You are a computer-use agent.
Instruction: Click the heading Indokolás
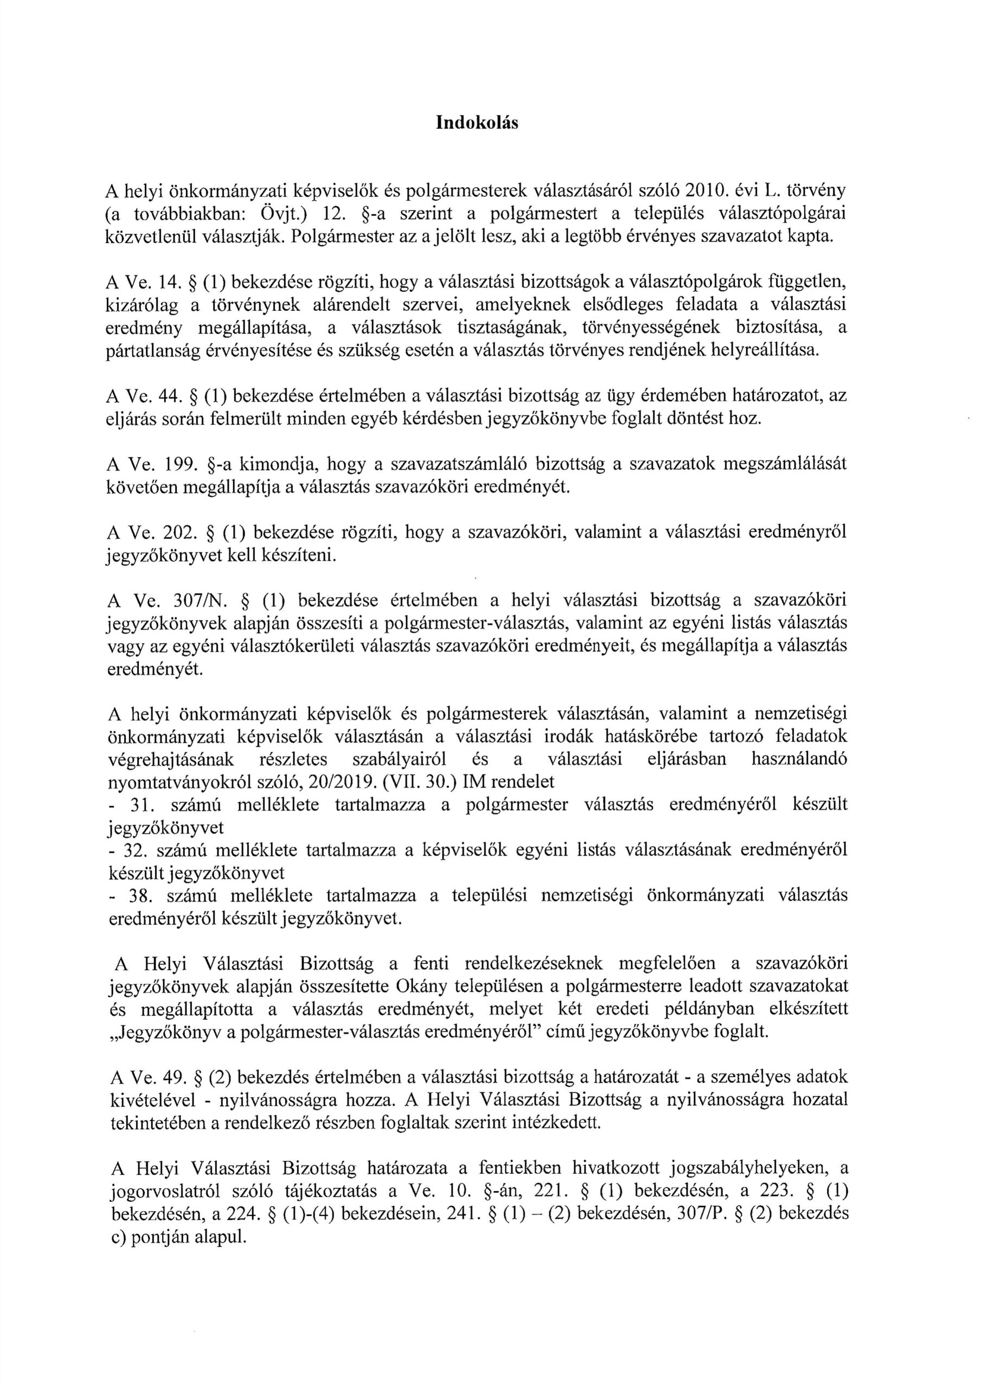477,123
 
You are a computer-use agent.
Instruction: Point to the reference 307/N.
200,601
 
